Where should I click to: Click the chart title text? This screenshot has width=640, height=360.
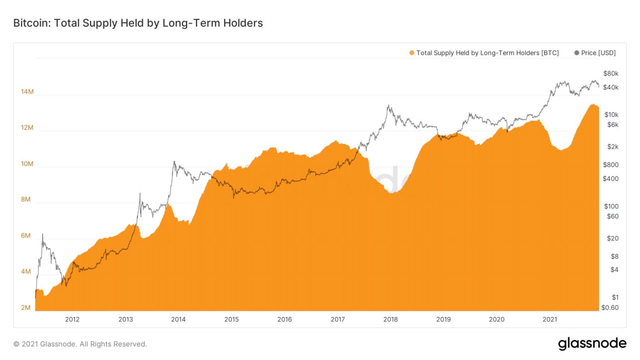(137, 23)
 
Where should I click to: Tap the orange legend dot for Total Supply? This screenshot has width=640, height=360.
(411, 53)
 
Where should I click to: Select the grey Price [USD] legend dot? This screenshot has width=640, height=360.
(577, 53)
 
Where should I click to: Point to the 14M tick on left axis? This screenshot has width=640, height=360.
(27, 92)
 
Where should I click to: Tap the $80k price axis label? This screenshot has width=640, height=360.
(611, 73)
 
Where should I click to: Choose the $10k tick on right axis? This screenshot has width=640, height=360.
(611, 114)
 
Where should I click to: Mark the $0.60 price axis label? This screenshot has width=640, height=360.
(610, 307)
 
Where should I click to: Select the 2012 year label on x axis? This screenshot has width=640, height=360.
(72, 319)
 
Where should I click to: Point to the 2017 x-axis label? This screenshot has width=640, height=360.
(337, 319)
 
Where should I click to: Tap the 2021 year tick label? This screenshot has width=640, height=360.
(550, 319)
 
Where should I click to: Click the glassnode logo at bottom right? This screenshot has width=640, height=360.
(592, 343)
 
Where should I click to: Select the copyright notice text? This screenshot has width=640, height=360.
(80, 344)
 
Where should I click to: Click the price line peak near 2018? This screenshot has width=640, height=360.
(388, 105)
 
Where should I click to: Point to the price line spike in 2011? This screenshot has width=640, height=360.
(42, 234)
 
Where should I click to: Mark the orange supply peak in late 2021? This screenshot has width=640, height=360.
(593, 104)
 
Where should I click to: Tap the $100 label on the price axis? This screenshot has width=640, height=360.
(611, 206)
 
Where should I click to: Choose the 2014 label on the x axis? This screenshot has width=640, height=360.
(178, 319)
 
